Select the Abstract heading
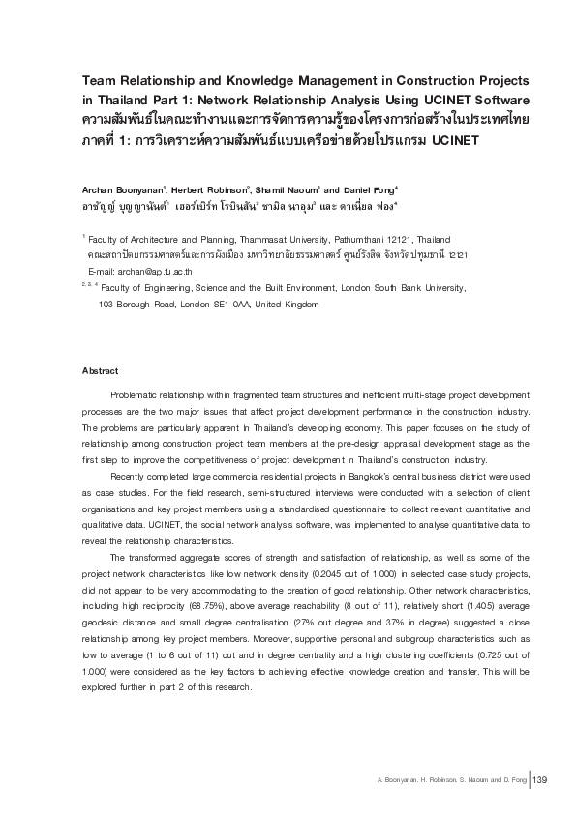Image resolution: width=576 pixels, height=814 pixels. [x=101, y=371]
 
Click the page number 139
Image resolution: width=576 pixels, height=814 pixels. [x=540, y=780]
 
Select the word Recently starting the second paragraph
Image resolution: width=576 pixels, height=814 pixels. [x=133, y=477]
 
